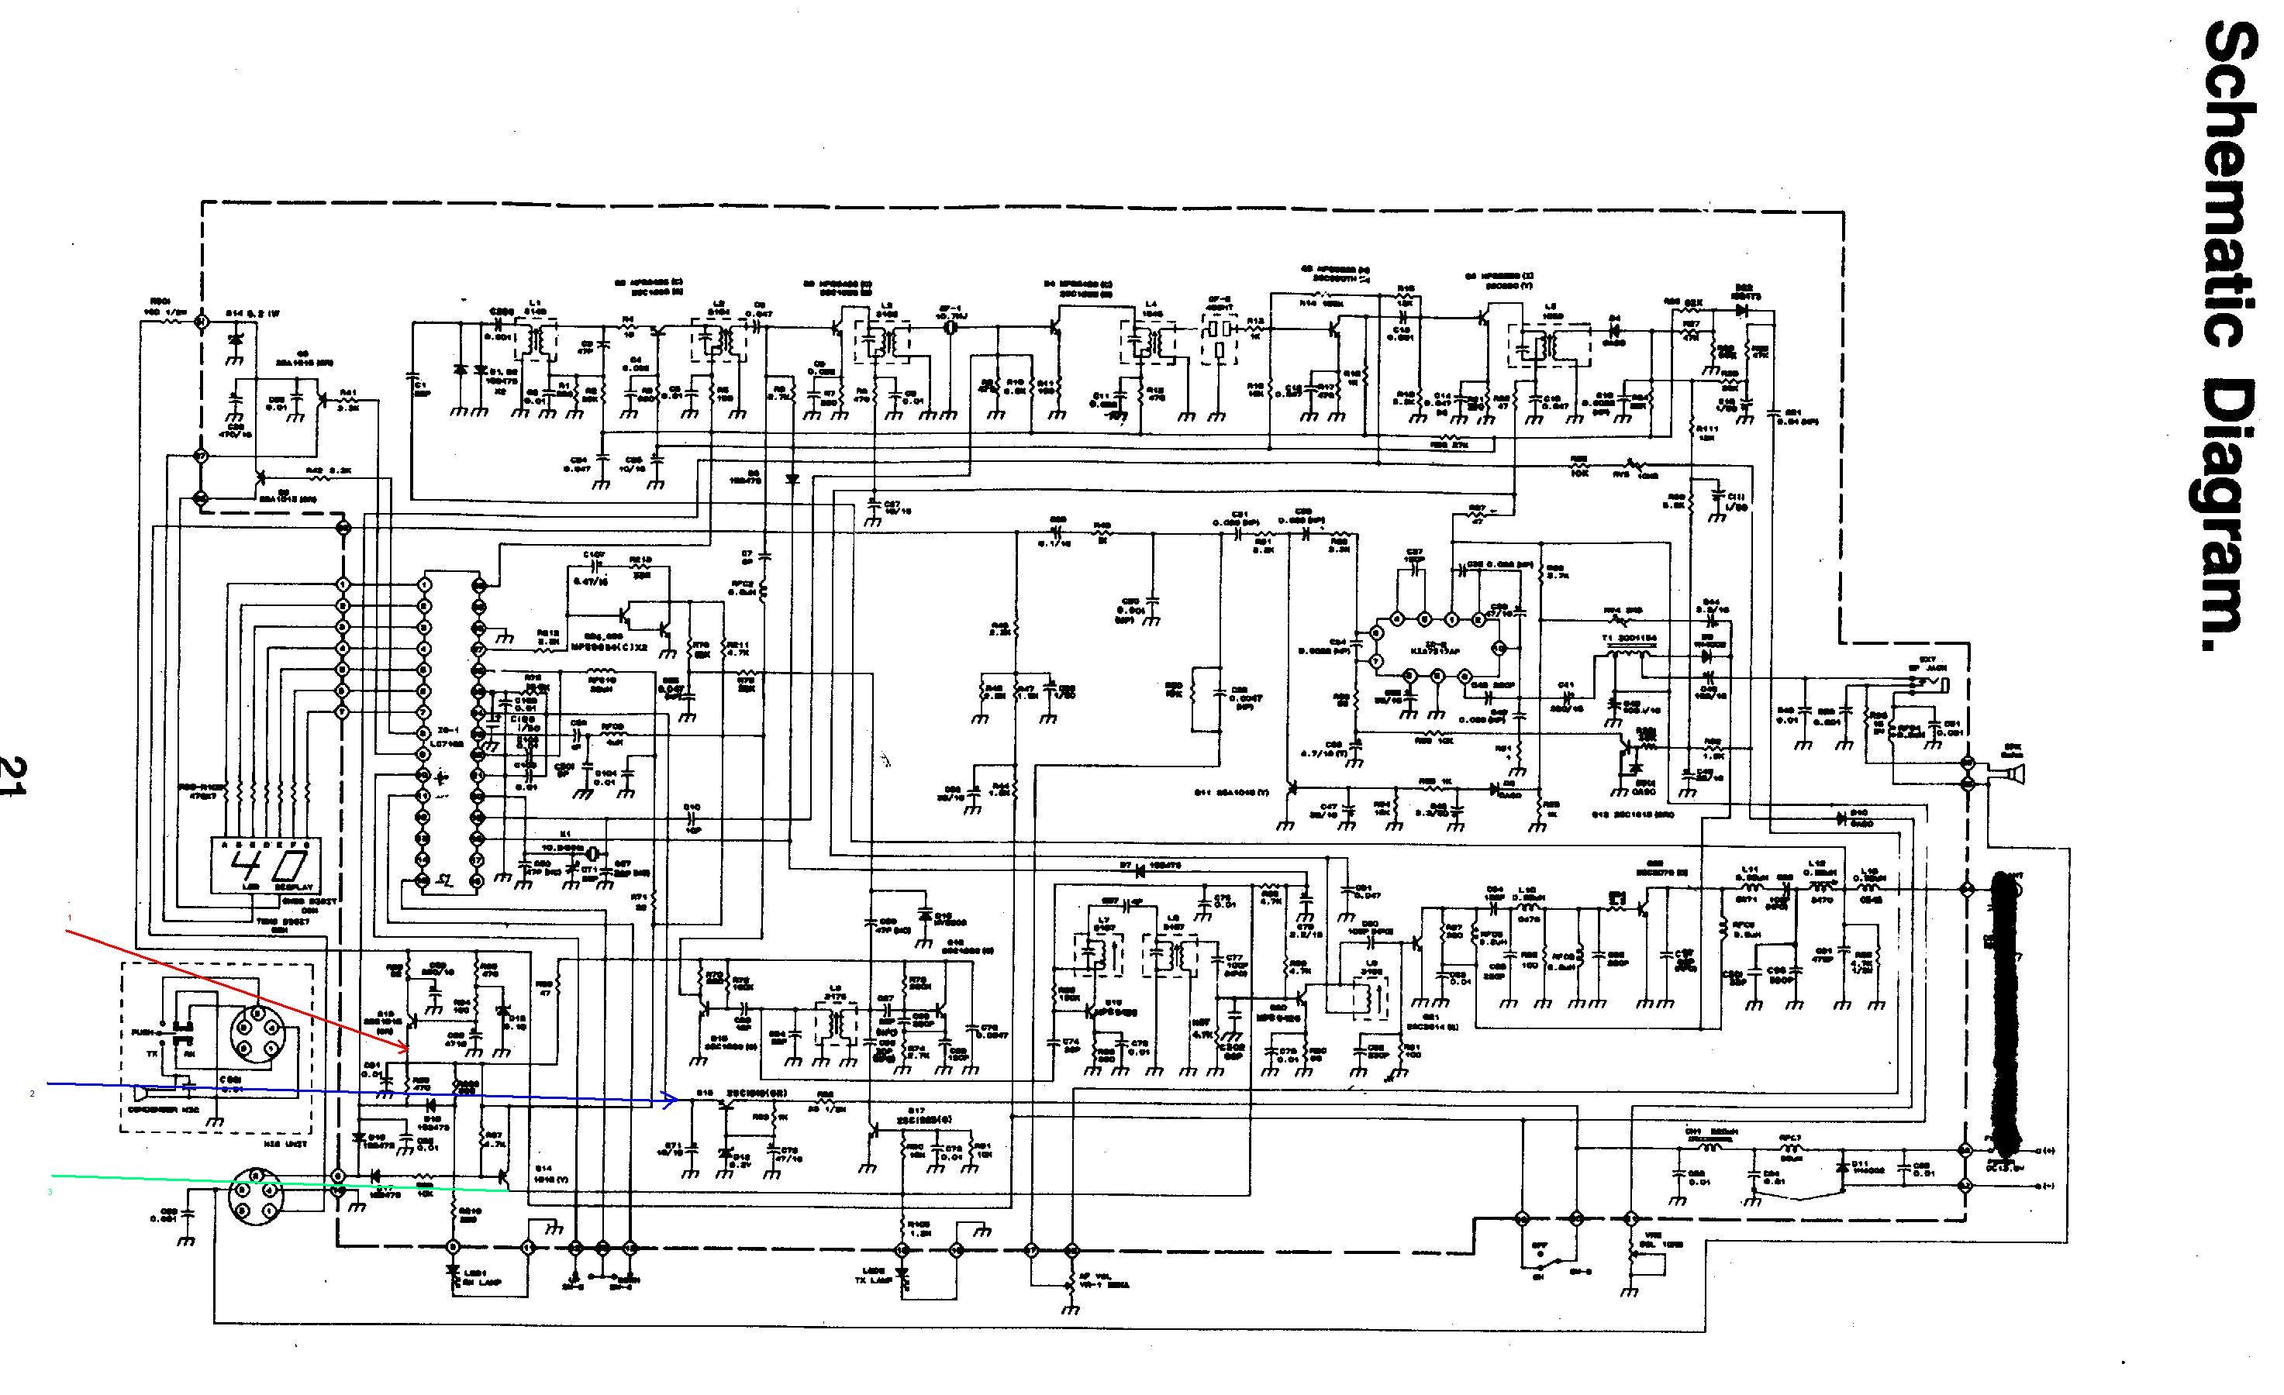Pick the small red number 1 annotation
[68, 918]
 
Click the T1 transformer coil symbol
[1620, 656]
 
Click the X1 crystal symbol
[592, 852]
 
